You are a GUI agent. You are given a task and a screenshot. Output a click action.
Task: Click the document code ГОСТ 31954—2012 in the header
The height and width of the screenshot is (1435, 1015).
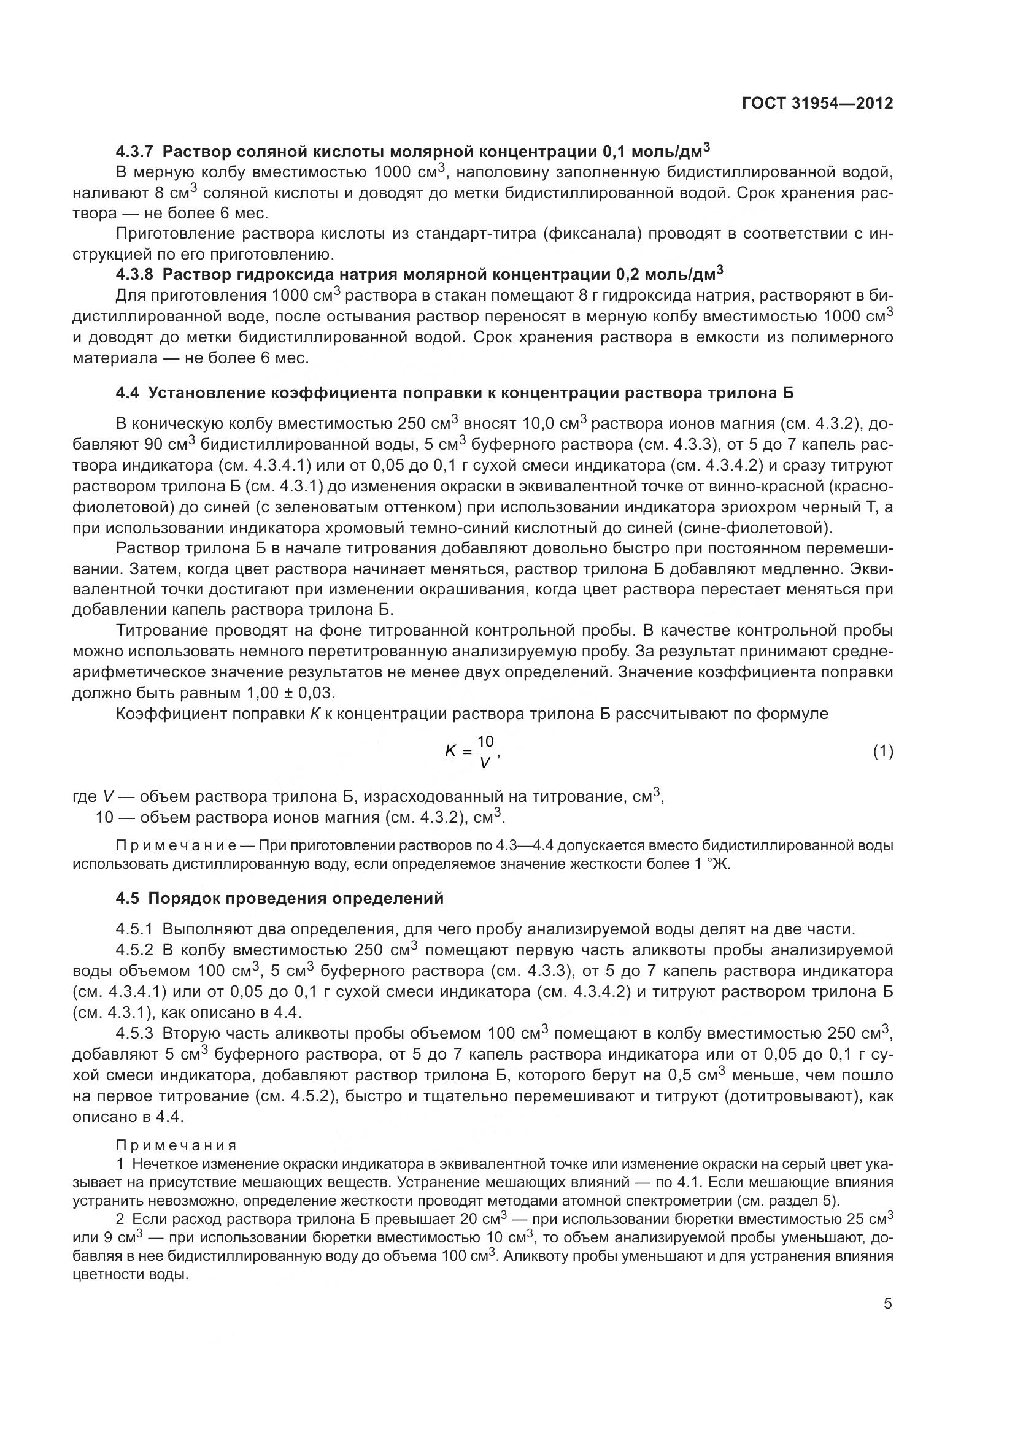click(x=817, y=103)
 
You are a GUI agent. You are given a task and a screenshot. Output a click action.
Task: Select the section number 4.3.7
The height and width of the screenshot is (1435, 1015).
click(x=134, y=152)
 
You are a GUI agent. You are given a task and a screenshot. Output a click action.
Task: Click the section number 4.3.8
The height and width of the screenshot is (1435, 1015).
click(x=134, y=274)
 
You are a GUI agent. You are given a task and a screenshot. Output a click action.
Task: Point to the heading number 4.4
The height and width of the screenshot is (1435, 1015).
click(x=128, y=393)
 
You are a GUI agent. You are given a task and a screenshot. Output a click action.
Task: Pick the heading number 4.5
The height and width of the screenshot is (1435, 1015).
click(x=128, y=898)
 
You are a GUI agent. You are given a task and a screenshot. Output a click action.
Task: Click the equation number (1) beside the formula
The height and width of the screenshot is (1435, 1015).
click(x=882, y=752)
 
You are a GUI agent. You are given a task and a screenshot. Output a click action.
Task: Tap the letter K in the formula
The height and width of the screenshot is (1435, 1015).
click(x=450, y=752)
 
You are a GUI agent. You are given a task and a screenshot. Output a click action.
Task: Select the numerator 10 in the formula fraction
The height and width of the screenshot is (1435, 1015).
click(x=485, y=742)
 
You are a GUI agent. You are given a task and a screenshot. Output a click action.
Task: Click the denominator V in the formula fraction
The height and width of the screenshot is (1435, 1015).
click(x=484, y=763)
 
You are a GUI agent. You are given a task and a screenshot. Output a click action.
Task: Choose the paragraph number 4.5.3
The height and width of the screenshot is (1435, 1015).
click(x=134, y=1033)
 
